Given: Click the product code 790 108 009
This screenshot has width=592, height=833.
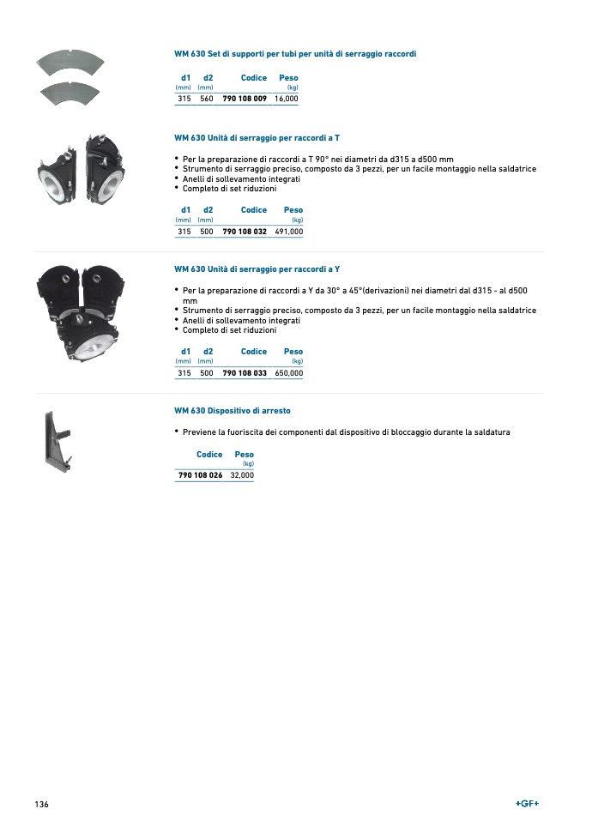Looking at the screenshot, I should tap(245, 100).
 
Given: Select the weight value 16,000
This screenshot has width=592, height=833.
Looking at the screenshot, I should tap(287, 100).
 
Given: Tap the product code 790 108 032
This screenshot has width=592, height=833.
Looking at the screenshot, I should tap(245, 232).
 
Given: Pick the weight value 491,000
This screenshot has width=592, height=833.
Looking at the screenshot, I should tap(289, 232).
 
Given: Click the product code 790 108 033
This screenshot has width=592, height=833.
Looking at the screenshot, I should tap(245, 373).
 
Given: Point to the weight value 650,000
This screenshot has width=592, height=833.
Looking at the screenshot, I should tap(289, 373).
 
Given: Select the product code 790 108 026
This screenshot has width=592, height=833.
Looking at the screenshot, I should tap(200, 475).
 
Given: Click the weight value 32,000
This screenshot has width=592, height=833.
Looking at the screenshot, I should tap(242, 475).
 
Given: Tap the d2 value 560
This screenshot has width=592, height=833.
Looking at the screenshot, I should tap(206, 100).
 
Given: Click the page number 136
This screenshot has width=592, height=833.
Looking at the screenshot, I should tap(42, 805).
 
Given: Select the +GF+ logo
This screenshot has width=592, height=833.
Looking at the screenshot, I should tap(527, 804).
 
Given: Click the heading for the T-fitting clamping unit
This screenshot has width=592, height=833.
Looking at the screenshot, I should tap(257, 137).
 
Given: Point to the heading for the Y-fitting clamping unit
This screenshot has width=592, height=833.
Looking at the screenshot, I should tap(257, 269).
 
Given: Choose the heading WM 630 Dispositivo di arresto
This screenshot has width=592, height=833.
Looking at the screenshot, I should tap(233, 411).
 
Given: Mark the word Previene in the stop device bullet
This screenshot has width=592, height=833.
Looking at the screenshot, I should tap(200, 432).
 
